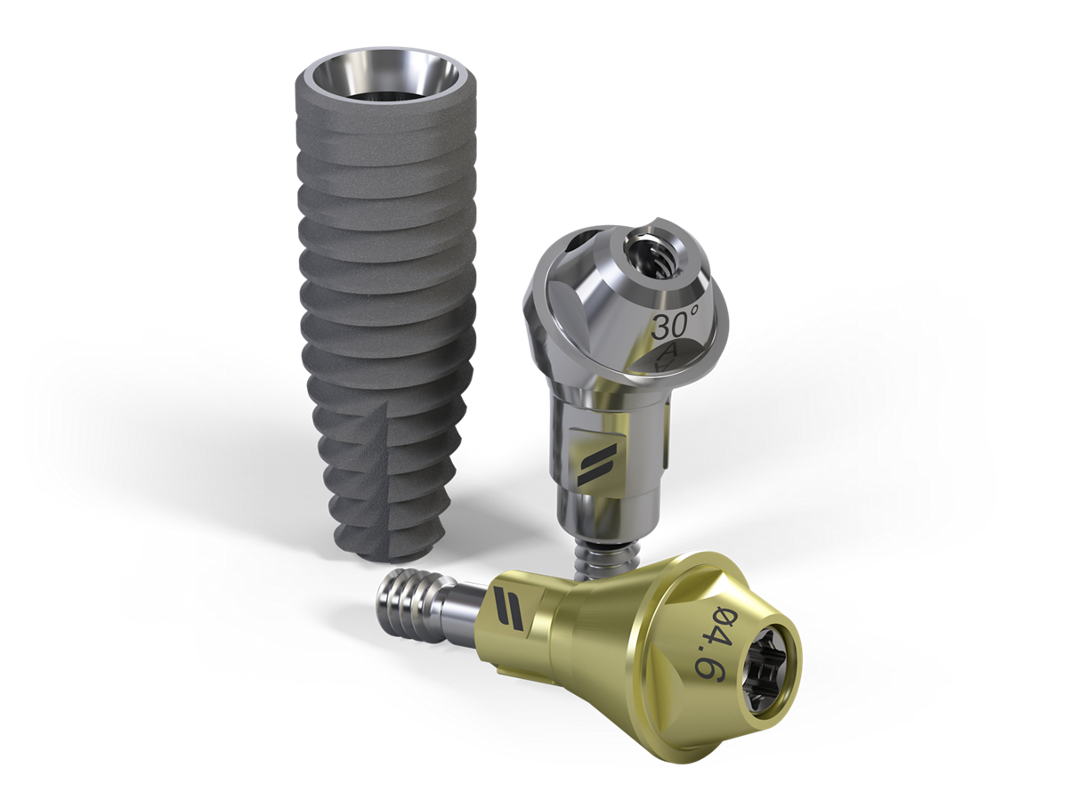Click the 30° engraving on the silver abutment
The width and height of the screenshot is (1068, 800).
click(x=676, y=326)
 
